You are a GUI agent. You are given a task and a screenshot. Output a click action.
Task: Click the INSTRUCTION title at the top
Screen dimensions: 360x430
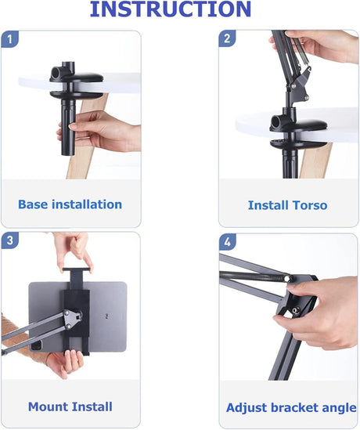[171, 9]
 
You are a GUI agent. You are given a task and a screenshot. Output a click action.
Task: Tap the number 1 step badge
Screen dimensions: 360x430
[10, 39]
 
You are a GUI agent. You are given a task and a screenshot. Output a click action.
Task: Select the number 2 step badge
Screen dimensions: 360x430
[227, 38]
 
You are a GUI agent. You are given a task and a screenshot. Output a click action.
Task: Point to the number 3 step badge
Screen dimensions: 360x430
[10, 240]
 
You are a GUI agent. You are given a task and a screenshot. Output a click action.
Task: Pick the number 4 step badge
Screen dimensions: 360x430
[228, 242]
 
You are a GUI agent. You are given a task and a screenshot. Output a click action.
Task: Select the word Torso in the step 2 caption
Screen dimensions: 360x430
[310, 205]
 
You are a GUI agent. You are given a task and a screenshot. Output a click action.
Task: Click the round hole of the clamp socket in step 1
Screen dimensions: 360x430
[55, 72]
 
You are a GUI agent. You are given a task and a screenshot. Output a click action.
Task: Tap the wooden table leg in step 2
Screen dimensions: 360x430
[315, 160]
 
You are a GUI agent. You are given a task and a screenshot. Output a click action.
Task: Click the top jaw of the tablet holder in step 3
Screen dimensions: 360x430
[77, 269]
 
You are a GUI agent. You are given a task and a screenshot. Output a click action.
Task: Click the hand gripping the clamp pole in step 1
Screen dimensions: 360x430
[101, 132]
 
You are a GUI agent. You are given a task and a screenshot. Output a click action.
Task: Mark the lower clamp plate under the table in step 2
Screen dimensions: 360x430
[298, 145]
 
